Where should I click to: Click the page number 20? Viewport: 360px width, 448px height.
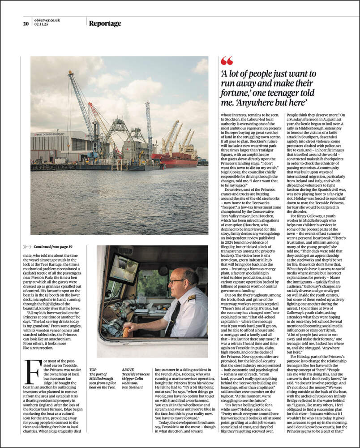coord(26,24)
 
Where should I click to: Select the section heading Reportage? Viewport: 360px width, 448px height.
coord(105,23)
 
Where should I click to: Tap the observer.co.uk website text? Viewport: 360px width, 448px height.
coord(47,20)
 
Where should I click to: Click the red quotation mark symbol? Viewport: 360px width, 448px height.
coord(227,61)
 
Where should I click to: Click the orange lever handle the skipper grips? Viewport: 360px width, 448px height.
coord(126,332)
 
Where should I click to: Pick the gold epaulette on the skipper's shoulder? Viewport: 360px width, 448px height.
coord(191,297)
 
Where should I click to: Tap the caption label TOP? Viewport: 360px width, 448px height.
coord(93,370)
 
